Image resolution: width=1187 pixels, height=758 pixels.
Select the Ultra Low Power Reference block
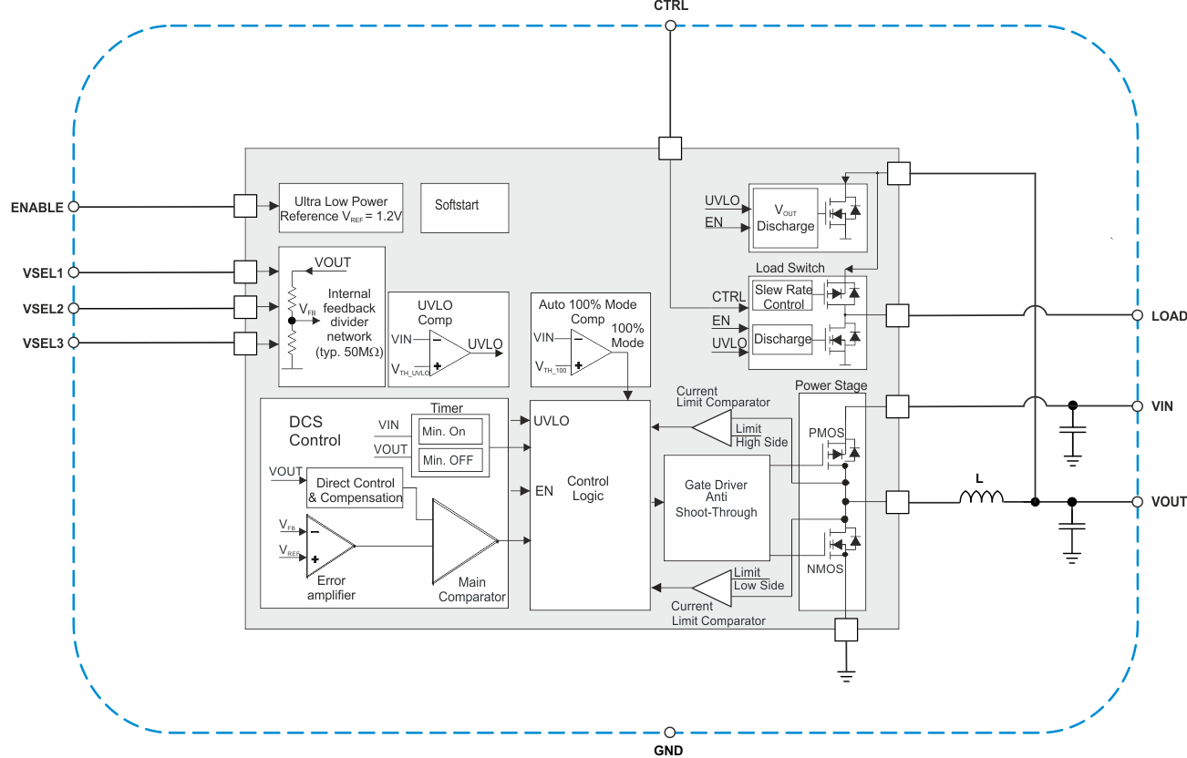[341, 209]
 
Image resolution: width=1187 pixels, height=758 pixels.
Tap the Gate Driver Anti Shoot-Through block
[716, 507]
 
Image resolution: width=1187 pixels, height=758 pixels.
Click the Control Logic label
[588, 488]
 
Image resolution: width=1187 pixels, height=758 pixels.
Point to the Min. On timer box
[449, 431]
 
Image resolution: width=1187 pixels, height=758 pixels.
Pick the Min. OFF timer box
[449, 460]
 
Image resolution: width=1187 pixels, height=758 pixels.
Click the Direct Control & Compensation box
[355, 490]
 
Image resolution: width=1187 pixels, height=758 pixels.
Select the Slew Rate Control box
[783, 297]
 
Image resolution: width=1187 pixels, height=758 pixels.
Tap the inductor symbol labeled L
[980, 497]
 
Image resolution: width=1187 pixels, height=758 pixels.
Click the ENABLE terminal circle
[74, 207]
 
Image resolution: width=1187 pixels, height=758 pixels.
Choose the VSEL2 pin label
[43, 309]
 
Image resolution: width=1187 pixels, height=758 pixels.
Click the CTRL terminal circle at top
[670, 26]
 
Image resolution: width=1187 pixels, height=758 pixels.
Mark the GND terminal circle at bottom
[670, 732]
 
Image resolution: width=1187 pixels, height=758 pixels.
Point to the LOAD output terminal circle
[1137, 315]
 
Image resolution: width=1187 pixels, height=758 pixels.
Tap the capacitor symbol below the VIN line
[1072, 438]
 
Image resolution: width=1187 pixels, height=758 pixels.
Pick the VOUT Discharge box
[785, 219]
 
